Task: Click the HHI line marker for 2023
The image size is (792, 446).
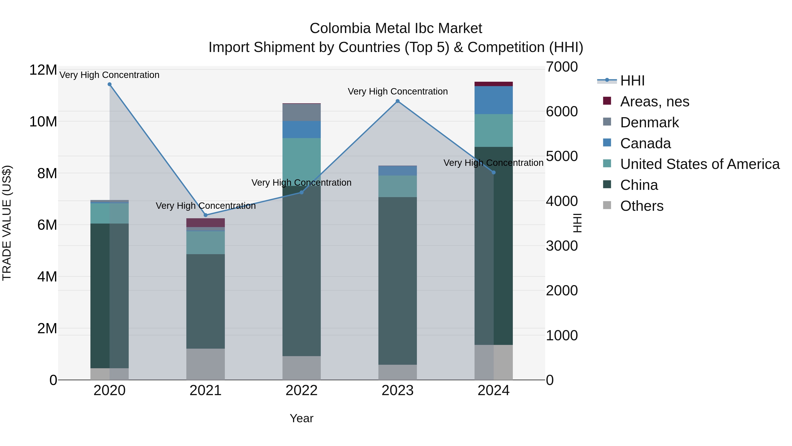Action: pyautogui.click(x=398, y=101)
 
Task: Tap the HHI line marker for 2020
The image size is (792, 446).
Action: pyautogui.click(x=110, y=84)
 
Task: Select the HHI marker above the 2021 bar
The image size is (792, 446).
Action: pyautogui.click(x=206, y=215)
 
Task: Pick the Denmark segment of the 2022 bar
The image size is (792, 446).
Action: pyautogui.click(x=301, y=112)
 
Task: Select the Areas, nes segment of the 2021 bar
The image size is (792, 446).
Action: pyautogui.click(x=205, y=222)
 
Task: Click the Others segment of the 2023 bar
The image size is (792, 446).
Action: pyautogui.click(x=398, y=372)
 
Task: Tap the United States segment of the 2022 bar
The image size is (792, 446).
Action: pyautogui.click(x=301, y=162)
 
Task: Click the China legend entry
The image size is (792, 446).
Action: pyautogui.click(x=639, y=185)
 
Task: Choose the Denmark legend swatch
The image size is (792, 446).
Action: pyautogui.click(x=607, y=122)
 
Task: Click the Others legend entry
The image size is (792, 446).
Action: pyautogui.click(x=642, y=206)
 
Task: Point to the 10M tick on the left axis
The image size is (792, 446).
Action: pyautogui.click(x=43, y=122)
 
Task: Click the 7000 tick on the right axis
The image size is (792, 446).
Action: pyautogui.click(x=562, y=67)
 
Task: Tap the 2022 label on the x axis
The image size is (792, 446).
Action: pyautogui.click(x=301, y=390)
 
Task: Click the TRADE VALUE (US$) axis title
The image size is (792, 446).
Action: pyautogui.click(x=7, y=223)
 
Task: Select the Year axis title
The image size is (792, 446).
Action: pyautogui.click(x=301, y=418)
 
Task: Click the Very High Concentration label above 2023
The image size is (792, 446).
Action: pyautogui.click(x=398, y=91)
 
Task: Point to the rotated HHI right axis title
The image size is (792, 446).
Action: pyautogui.click(x=577, y=223)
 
